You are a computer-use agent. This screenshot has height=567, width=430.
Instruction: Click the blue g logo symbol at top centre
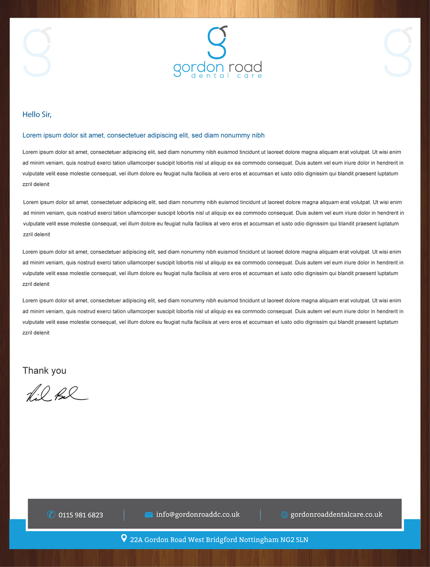click(x=217, y=42)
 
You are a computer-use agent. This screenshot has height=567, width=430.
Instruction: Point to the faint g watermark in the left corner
click(x=37, y=52)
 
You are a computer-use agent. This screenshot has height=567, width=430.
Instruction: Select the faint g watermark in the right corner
click(x=398, y=52)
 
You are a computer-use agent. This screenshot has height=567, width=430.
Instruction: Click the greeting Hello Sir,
click(x=37, y=115)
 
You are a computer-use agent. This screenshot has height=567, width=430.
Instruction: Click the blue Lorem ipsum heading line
click(x=143, y=135)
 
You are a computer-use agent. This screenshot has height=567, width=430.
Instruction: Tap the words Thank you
click(x=44, y=370)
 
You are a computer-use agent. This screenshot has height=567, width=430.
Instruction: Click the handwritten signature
click(x=57, y=394)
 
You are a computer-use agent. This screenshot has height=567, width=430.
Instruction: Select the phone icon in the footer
click(x=51, y=514)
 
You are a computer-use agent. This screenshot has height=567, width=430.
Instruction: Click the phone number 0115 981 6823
click(x=81, y=515)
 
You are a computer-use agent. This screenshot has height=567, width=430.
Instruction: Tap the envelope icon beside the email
click(x=149, y=514)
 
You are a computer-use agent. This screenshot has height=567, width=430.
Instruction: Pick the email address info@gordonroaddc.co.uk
click(x=198, y=514)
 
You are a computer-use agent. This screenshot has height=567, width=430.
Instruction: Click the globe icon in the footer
click(x=285, y=514)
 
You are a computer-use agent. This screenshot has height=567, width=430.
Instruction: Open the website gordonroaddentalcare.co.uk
click(x=336, y=514)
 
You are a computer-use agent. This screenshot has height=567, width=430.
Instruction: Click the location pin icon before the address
click(x=124, y=538)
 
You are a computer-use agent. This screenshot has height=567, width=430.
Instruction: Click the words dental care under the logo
click(x=227, y=76)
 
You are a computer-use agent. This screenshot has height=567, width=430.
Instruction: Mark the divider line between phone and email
click(x=124, y=515)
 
